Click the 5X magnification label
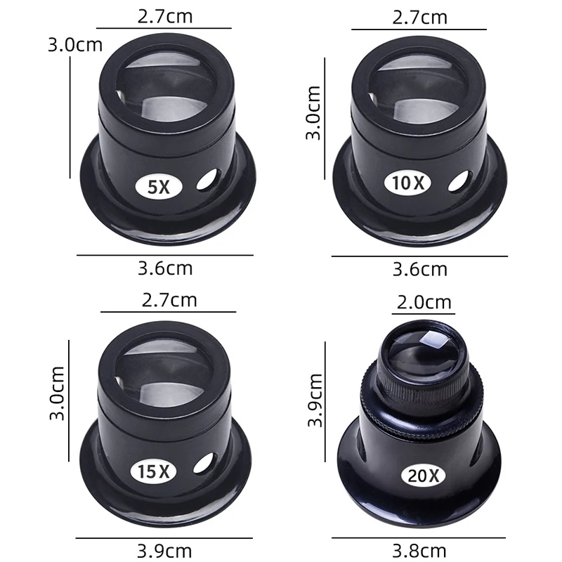[x=159, y=187]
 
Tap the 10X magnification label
[x=408, y=183]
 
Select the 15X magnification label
[x=153, y=471]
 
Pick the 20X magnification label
[x=424, y=476]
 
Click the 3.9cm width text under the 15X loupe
[x=164, y=551]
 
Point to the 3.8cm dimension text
[x=419, y=551]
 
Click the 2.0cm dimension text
[x=424, y=302]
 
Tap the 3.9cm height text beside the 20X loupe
[x=315, y=400]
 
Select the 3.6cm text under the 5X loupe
[x=165, y=268]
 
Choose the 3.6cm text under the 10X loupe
[x=419, y=270]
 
